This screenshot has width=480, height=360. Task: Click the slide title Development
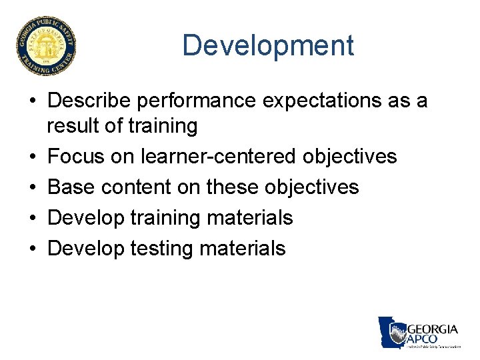pyautogui.click(x=267, y=45)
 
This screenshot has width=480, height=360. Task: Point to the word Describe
pyautogui.click(x=89, y=101)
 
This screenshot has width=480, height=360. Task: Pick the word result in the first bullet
pyautogui.click(x=74, y=125)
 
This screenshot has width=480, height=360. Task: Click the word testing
pyautogui.click(x=165, y=249)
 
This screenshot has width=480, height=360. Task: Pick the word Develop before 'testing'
pyautogui.click(x=86, y=249)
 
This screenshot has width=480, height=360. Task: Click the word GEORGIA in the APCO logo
pyautogui.click(x=432, y=329)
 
